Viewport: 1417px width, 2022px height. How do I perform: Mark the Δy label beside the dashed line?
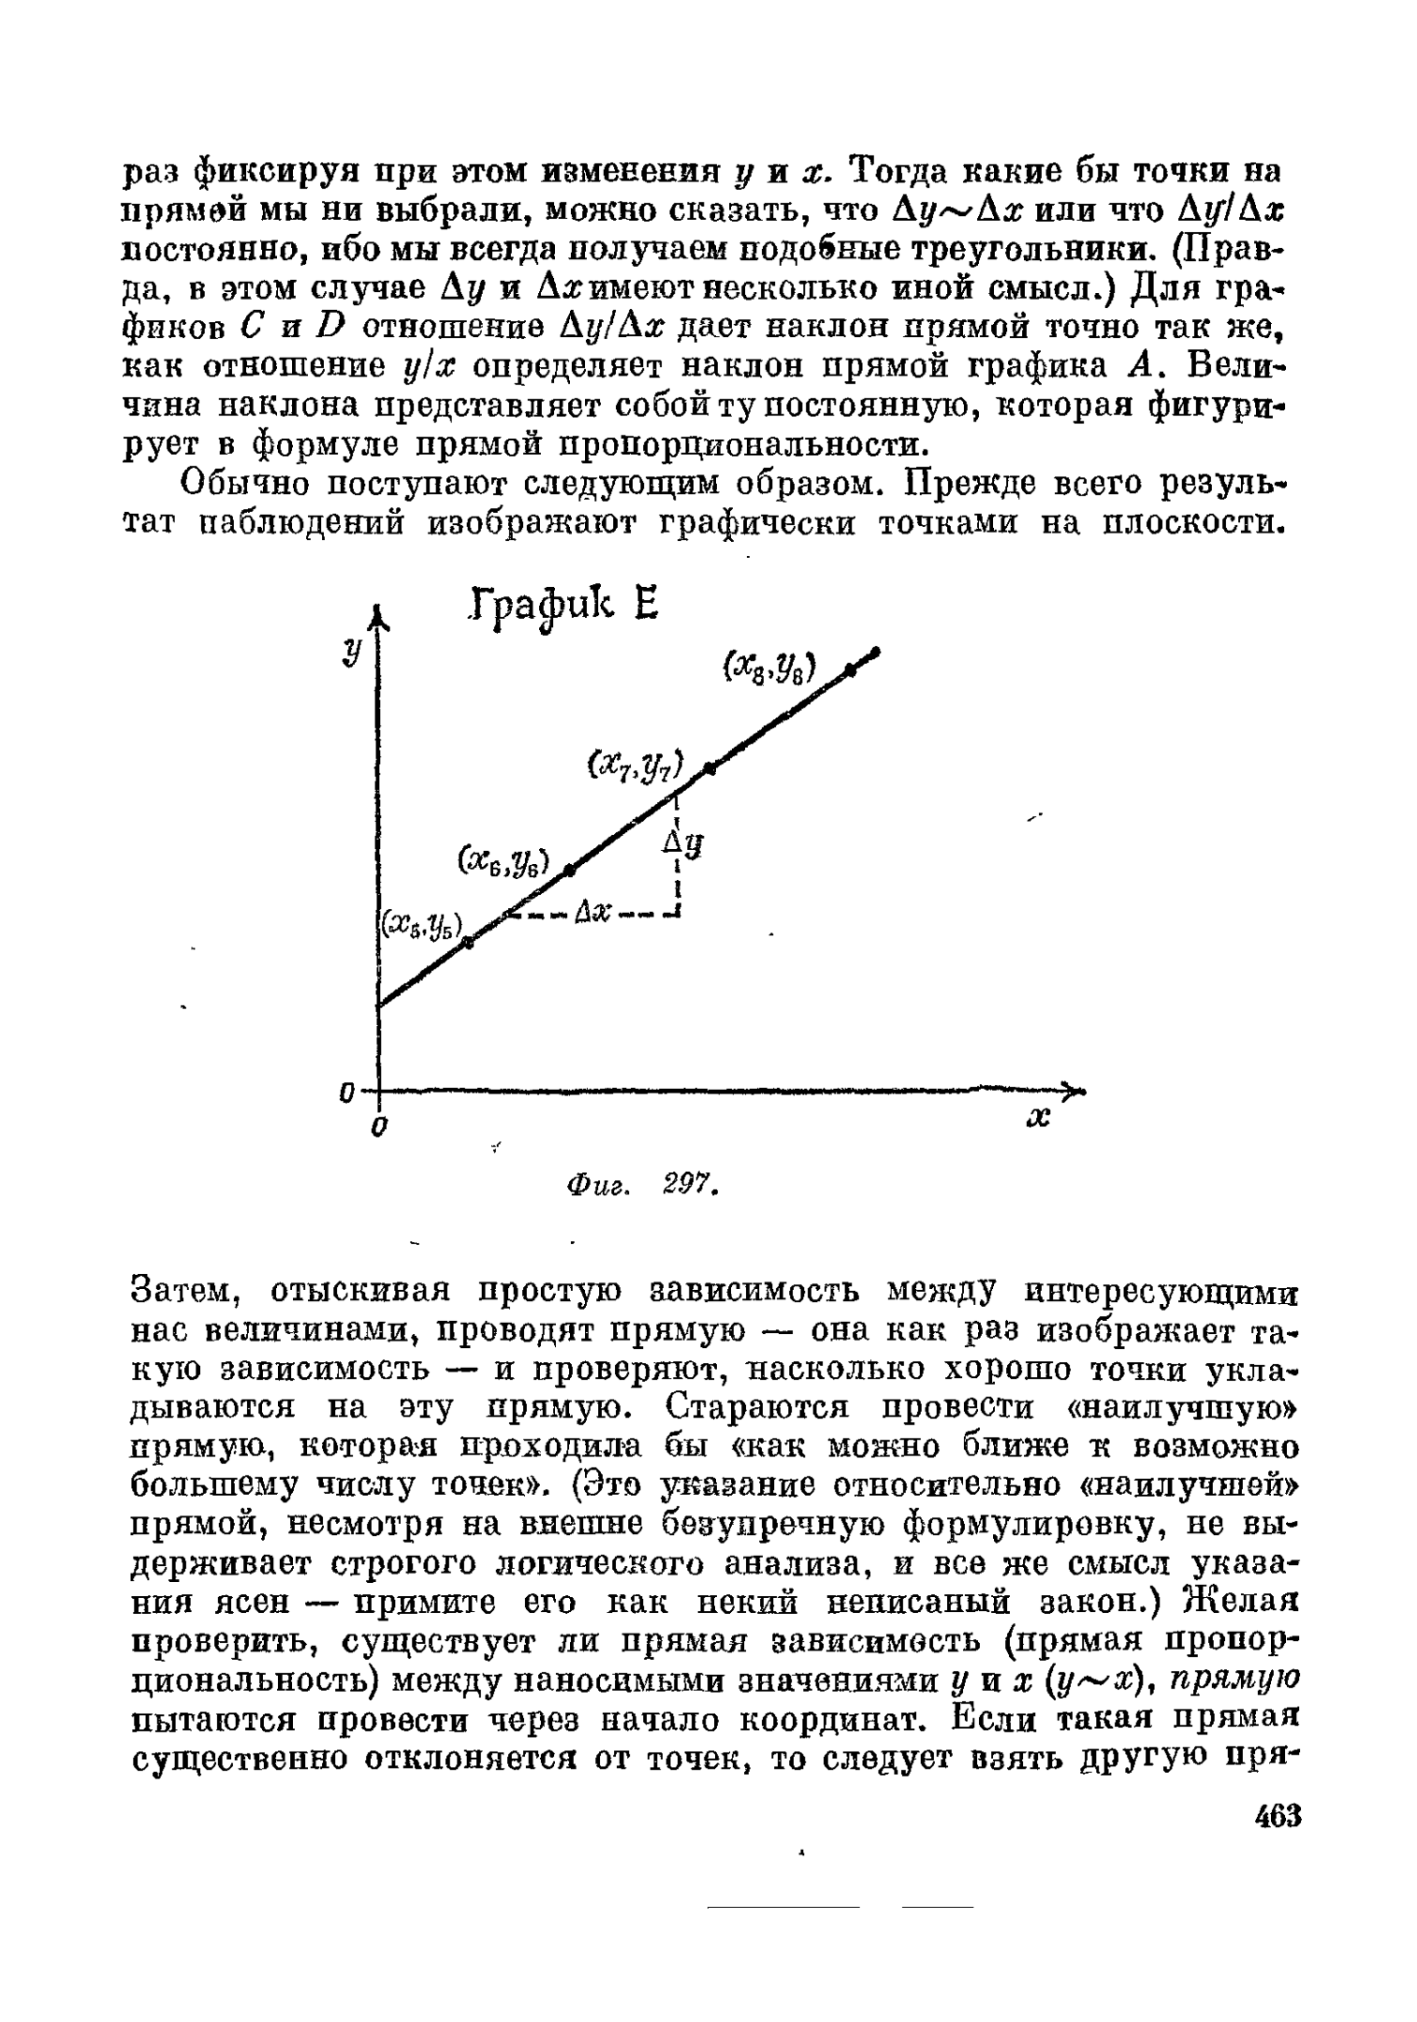point(684,848)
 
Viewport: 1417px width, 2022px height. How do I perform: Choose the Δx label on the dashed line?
point(592,911)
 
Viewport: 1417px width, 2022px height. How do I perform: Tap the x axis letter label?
point(1039,1119)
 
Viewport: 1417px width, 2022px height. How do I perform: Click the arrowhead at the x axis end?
point(1076,1090)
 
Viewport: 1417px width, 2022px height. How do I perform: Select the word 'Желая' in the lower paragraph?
point(1241,1602)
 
